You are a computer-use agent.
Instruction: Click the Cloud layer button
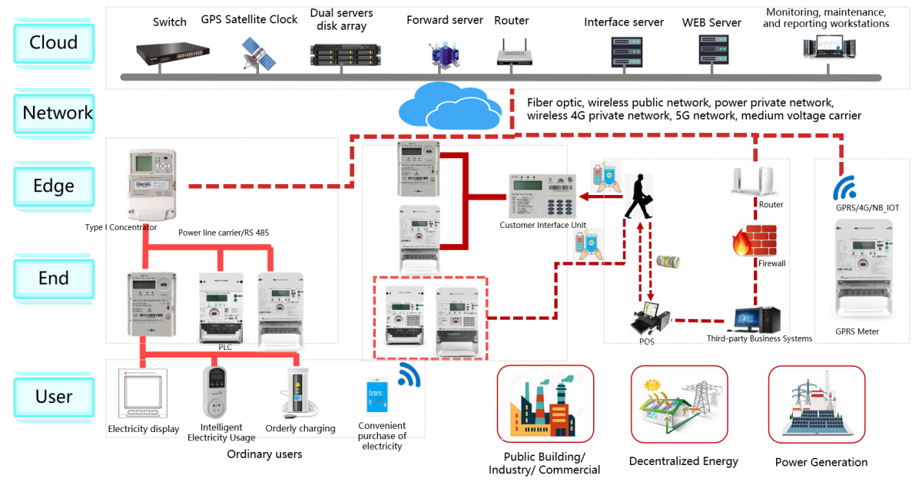(x=54, y=43)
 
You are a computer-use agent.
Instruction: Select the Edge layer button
(x=54, y=186)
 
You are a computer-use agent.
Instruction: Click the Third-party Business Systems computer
(x=757, y=319)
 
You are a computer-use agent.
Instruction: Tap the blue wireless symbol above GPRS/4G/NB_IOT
(x=845, y=189)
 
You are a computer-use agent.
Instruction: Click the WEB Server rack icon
(x=711, y=50)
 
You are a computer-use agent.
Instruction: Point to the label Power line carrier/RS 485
(x=224, y=233)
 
